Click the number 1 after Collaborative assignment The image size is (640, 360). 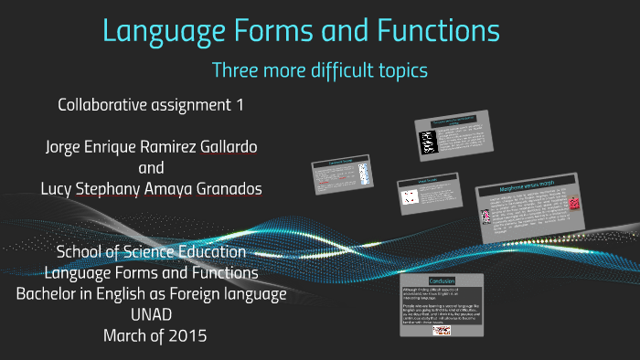(x=240, y=105)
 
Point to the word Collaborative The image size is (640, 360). (x=101, y=105)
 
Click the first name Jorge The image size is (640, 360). (x=64, y=147)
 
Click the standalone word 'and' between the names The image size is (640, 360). (x=151, y=168)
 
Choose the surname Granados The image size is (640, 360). (x=224, y=189)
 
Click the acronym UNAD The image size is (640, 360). (x=151, y=315)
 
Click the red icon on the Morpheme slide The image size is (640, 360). (x=574, y=202)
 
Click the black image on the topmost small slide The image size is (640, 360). (x=426, y=142)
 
